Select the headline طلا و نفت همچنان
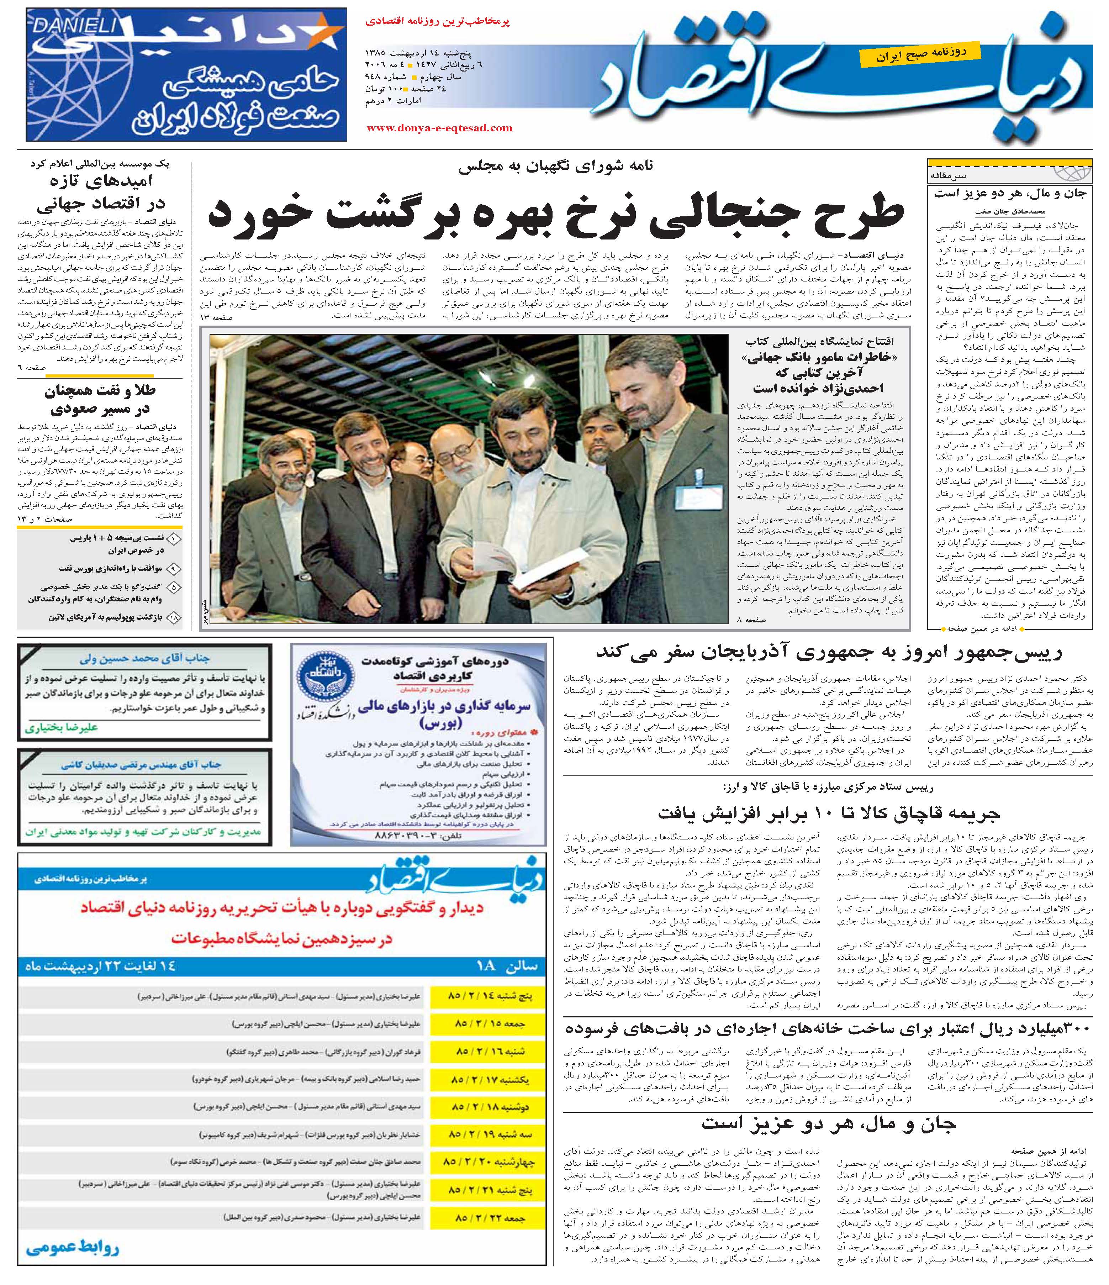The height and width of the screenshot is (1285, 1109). pos(101,400)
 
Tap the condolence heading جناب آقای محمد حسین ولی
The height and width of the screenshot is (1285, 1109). pos(145,659)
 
